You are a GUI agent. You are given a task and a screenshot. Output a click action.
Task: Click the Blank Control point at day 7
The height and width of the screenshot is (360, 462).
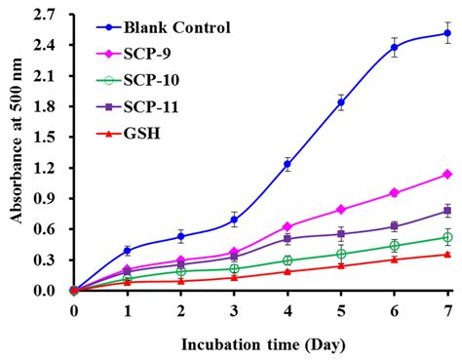[x=447, y=33]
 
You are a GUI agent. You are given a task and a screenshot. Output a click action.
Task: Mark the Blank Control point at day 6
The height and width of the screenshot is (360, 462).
[x=394, y=47]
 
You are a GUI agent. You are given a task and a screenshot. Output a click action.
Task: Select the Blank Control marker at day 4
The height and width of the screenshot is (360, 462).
[x=287, y=165]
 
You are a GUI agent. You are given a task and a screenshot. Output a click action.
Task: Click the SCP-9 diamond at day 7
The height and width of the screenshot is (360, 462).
[x=447, y=174]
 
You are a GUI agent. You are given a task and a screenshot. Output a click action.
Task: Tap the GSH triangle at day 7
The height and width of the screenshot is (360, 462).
[x=447, y=255]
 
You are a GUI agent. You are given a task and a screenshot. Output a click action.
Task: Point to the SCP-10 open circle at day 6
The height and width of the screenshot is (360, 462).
[x=394, y=246]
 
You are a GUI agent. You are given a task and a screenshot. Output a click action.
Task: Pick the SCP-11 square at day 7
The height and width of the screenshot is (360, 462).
[x=447, y=211]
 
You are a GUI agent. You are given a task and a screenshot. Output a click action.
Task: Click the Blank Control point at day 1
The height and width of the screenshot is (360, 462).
[x=127, y=251]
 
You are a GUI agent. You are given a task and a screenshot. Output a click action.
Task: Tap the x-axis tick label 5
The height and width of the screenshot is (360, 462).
[x=340, y=310]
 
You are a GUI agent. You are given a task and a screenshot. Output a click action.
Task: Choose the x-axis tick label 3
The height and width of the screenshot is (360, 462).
[x=234, y=310]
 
